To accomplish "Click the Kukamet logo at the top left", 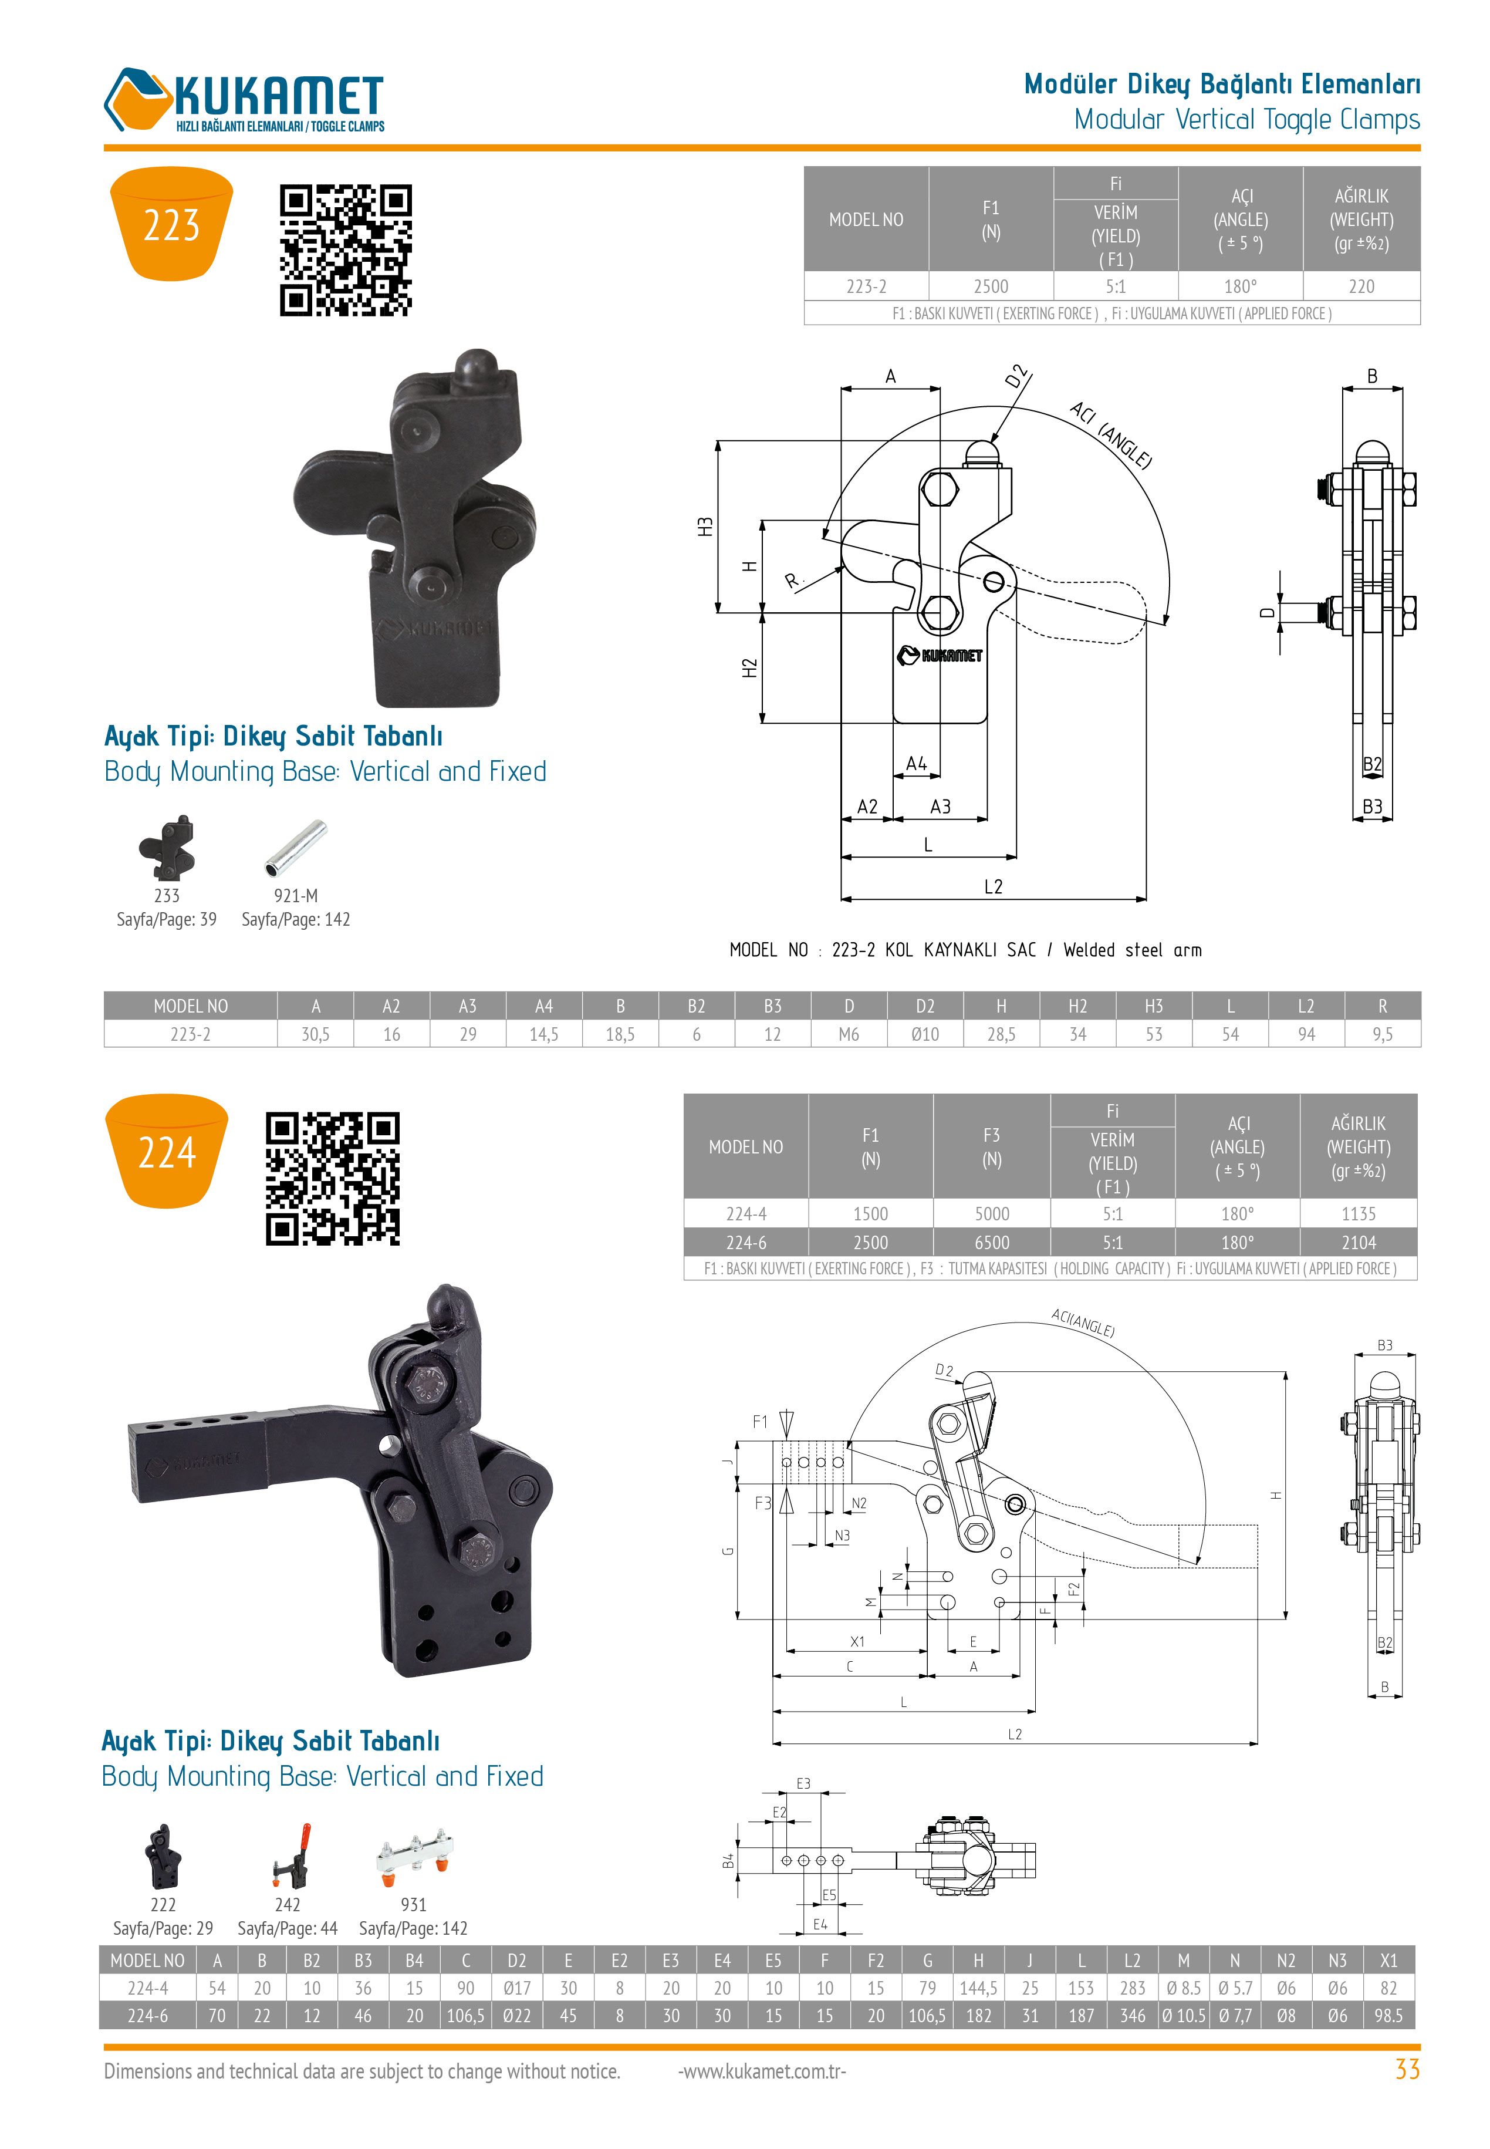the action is [x=244, y=100].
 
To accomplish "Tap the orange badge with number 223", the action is [x=172, y=224].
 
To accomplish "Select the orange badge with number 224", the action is [x=167, y=1152].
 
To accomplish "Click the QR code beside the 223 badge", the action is [x=346, y=250].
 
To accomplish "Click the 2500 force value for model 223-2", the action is [x=991, y=286].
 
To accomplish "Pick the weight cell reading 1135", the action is [x=1359, y=1213].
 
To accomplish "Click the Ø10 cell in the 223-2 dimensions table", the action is [x=925, y=1034].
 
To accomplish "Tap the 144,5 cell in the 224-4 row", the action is [x=978, y=1988].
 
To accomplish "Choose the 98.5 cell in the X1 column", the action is [x=1388, y=2016].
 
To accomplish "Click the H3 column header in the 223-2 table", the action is [x=1154, y=1006].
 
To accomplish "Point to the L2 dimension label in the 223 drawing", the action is [x=994, y=887].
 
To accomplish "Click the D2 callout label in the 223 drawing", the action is [x=1016, y=375].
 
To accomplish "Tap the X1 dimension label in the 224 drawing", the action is [x=857, y=1641].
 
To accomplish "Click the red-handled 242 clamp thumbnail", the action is [x=291, y=1856].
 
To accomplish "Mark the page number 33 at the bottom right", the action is [x=1407, y=2070].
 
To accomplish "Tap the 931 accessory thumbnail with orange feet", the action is [x=414, y=1854].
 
